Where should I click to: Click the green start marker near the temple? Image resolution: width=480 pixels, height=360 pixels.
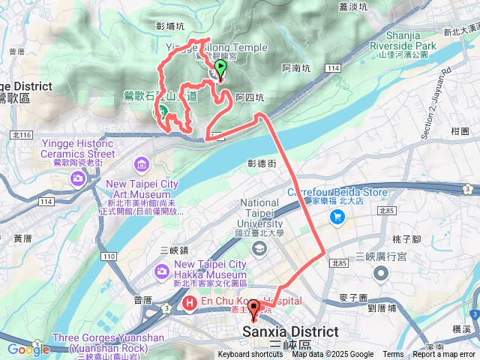click(220, 70)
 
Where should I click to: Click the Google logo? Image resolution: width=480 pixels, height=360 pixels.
click(28, 349)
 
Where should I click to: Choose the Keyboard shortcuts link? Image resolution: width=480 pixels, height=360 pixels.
click(250, 355)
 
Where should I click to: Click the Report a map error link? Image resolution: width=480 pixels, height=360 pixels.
click(445, 355)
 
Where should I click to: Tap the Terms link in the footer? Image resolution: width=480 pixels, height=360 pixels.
click(393, 355)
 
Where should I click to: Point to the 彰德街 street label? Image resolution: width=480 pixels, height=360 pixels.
click(262, 163)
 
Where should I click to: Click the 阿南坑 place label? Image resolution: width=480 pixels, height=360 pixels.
click(295, 68)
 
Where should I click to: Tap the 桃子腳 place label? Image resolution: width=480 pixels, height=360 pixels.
click(409, 237)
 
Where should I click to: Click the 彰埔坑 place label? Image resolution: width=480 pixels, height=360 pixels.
click(170, 25)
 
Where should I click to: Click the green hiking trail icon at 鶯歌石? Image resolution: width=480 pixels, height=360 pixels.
click(162, 112)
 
